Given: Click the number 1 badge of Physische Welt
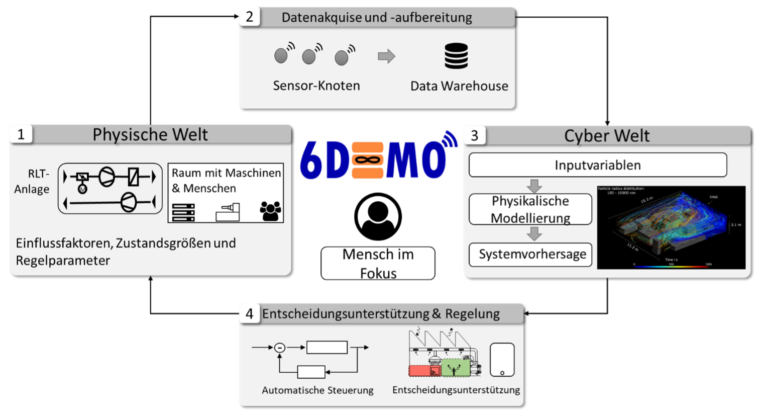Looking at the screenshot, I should pos(21,135).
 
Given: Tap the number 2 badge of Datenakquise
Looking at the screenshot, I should pos(249,17).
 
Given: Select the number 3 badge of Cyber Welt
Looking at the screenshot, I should pos(474,135).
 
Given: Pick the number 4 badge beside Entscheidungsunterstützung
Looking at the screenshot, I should pos(249,314).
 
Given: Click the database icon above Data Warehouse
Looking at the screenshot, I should pos(456,56).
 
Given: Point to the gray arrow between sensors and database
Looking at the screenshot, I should pos(386,56).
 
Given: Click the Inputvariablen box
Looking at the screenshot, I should pos(598,165).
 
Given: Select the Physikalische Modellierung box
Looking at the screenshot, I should pos(530,209).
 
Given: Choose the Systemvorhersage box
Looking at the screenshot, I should pos(530,255).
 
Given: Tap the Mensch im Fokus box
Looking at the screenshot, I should pos(378,263).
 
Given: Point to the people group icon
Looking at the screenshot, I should pos(270,211).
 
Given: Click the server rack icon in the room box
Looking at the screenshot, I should pos(183,212).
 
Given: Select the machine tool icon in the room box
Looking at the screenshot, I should pos(228,212).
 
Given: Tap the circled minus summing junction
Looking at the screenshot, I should pos(280,348).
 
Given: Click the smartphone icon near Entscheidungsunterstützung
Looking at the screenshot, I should pos(502,360).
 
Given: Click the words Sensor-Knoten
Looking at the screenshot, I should pos(316,86).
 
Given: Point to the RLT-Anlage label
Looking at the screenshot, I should pos(32,181).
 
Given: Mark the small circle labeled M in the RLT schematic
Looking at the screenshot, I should pos(82,189).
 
